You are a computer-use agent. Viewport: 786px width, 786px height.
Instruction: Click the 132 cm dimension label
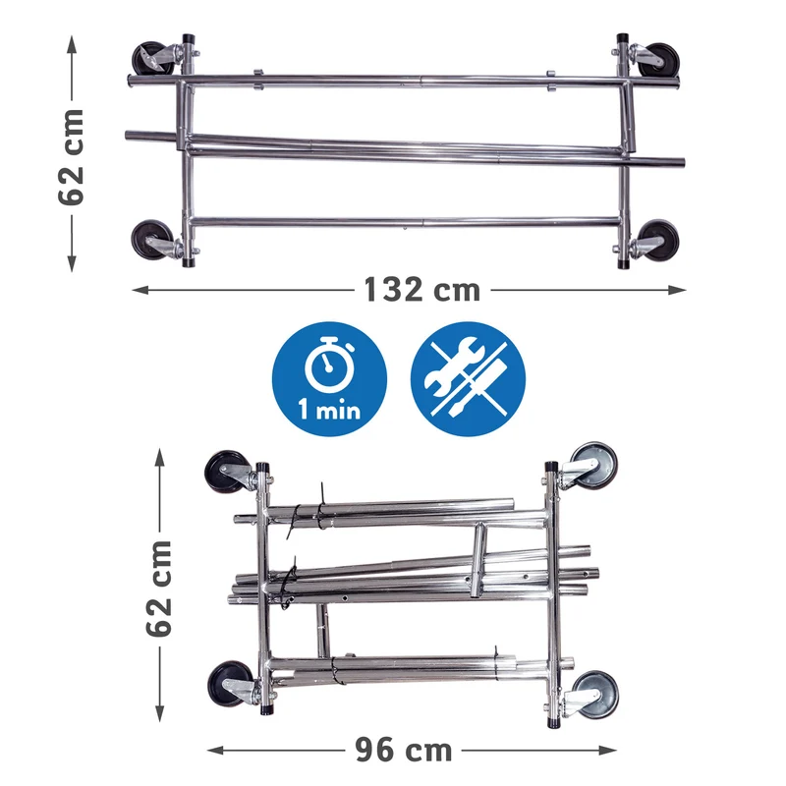[x=421, y=290]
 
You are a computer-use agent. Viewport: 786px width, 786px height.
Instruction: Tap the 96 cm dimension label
[x=404, y=750]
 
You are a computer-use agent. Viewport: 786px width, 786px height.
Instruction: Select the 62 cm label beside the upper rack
[x=71, y=156]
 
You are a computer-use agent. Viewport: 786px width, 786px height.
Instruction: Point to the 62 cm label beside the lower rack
[x=159, y=588]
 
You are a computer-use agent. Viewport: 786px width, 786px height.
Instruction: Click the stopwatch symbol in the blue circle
[x=329, y=365]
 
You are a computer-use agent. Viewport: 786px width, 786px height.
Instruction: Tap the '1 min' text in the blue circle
[x=329, y=410]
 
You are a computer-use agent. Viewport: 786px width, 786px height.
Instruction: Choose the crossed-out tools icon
[x=469, y=378]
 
